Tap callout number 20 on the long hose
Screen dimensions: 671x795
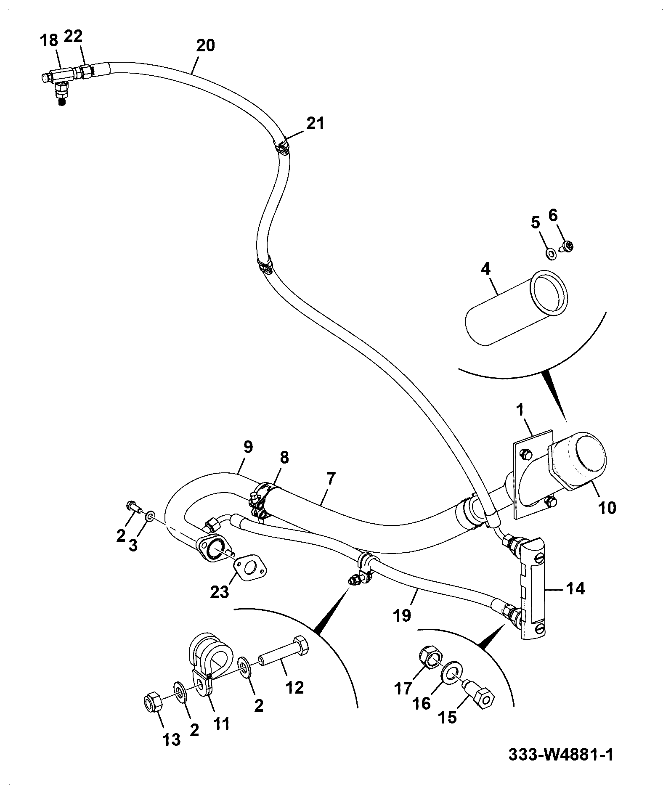pos(205,45)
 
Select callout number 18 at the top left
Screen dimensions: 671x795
pos(49,41)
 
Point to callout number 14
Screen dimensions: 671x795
pos(576,588)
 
